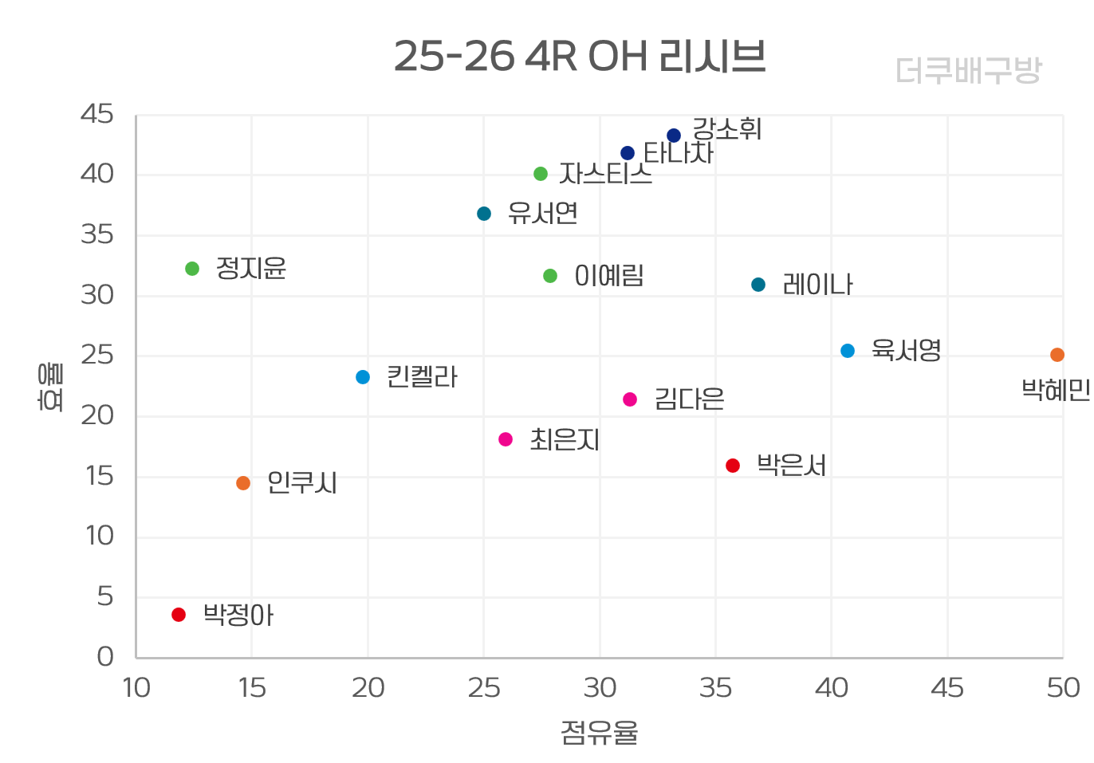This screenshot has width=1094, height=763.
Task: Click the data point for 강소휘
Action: point(674,136)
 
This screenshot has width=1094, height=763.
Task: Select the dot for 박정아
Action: point(179,615)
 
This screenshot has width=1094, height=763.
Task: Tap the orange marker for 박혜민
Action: point(1057,355)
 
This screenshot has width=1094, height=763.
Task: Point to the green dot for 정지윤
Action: point(192,269)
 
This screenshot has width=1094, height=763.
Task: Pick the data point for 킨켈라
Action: point(363,377)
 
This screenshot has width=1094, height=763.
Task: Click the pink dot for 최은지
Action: point(506,439)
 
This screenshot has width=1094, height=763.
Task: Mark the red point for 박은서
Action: point(733,466)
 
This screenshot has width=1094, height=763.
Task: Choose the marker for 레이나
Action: point(758,285)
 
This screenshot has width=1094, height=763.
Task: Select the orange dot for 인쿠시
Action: point(243,483)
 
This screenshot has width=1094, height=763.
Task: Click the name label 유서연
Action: point(542,214)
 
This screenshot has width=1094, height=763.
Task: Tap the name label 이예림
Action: point(609,276)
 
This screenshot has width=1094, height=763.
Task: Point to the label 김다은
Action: point(689,399)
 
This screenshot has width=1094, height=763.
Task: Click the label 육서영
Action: point(906,350)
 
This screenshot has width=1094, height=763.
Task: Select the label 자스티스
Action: point(605,174)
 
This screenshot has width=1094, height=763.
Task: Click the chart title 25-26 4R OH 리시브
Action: point(580,57)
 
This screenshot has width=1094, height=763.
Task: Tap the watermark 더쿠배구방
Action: point(968,71)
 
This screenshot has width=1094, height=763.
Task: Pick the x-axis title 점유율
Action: point(599,732)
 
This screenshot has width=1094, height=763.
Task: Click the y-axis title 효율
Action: point(51,387)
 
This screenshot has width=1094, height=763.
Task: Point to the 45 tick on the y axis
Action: point(97,115)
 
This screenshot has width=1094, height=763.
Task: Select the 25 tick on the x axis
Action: point(484,688)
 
